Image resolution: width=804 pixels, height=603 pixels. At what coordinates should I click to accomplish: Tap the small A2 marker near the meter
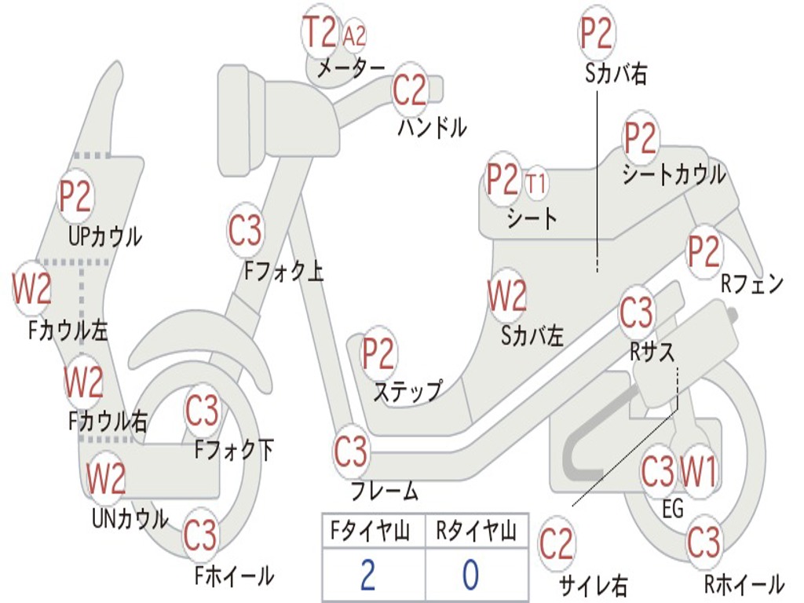pos(355,35)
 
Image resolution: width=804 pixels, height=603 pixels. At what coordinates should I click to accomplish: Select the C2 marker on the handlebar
pos(409,91)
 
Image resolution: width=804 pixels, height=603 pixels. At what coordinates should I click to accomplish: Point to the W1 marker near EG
pos(698,473)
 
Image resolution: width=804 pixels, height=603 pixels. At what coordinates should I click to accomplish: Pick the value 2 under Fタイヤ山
pos(367,576)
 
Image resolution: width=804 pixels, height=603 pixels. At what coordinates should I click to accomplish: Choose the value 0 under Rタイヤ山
pos(470,576)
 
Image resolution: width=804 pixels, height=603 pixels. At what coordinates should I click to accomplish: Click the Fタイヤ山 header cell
pos(367,532)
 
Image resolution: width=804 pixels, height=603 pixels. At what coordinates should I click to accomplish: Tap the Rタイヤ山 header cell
pos(476,532)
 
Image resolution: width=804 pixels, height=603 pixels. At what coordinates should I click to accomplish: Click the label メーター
pos(351,69)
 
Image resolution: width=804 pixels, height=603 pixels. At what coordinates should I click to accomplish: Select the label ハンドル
pos(432,127)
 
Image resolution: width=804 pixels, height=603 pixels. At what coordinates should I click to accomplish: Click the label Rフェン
pos(752,284)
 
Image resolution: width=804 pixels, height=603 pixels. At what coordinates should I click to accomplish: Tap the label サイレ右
pos(593,585)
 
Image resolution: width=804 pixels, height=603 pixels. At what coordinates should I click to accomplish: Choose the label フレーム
pos(384,492)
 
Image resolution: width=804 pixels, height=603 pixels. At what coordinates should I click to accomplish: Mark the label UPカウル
pos(104,236)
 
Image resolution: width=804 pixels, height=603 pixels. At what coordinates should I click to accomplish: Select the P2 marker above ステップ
pos(378,355)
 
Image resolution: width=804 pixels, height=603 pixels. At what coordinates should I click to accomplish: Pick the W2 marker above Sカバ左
pos(506,297)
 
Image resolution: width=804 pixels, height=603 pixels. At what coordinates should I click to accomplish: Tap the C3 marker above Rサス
pos(636,312)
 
